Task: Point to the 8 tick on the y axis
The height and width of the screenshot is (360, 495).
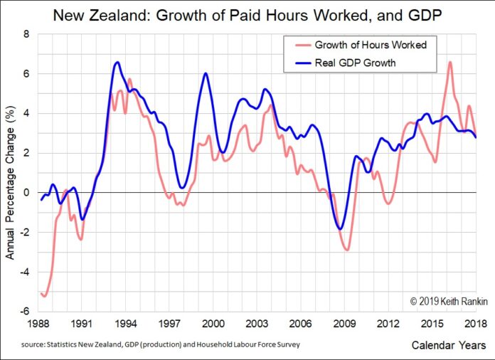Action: tap(26, 33)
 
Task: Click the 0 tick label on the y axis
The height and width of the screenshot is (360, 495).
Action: tap(26, 192)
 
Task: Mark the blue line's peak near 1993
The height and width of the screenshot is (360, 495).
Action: tap(117, 63)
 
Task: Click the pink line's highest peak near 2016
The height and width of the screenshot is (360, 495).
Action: tap(450, 62)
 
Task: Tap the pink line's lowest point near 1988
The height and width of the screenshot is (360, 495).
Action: tap(45, 295)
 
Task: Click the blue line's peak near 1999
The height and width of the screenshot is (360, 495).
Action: tap(206, 73)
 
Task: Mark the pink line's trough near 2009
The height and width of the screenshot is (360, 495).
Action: tap(347, 250)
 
